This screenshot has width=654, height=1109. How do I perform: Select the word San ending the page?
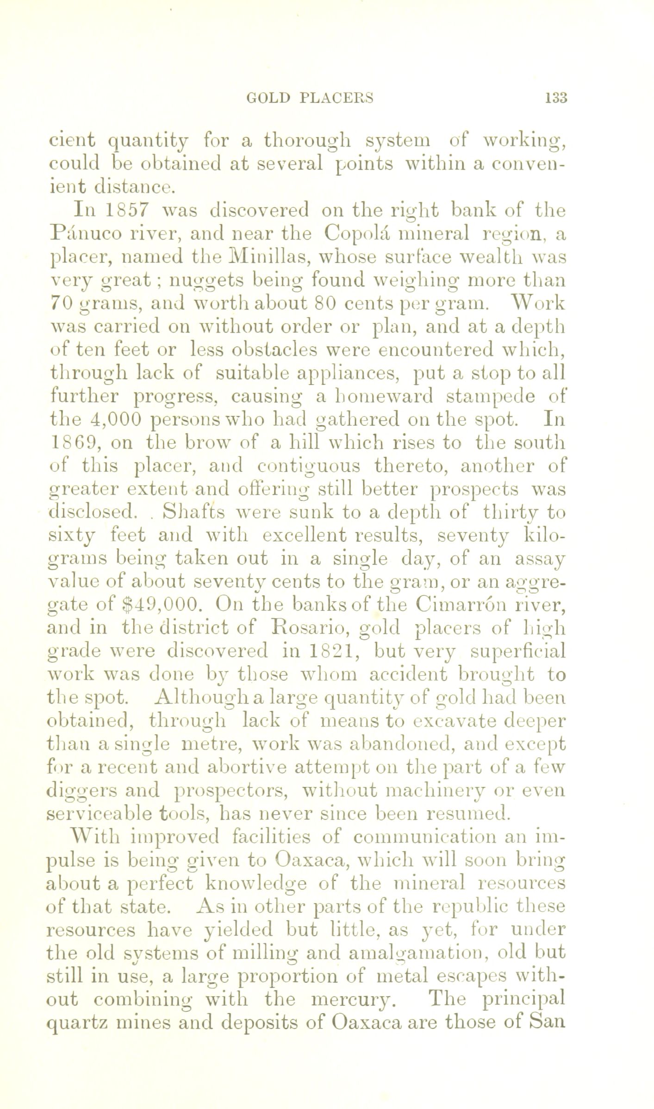[549, 1023]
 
